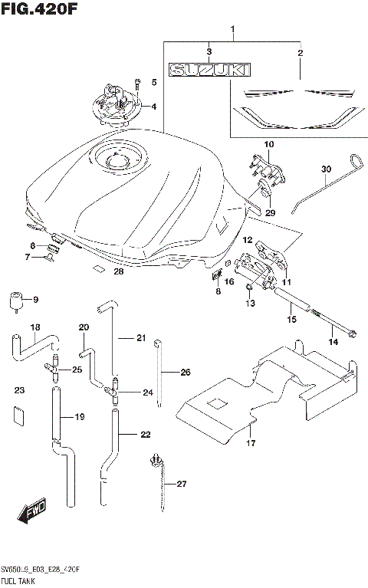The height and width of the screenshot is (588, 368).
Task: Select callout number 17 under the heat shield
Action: click(x=250, y=443)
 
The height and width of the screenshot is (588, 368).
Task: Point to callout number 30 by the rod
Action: click(x=326, y=169)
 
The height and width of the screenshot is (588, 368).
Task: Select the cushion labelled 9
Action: click(x=15, y=301)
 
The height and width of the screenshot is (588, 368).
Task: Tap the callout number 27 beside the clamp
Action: click(x=181, y=484)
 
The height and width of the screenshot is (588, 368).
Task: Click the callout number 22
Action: click(x=146, y=435)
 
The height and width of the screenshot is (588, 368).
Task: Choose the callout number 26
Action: click(x=185, y=373)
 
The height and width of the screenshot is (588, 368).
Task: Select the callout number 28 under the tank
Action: click(x=118, y=271)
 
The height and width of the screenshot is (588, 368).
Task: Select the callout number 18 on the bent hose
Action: click(x=35, y=327)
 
